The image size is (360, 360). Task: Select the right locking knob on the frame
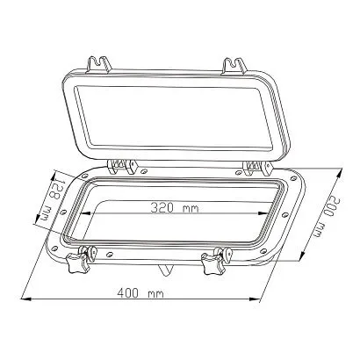pos(212,261)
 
